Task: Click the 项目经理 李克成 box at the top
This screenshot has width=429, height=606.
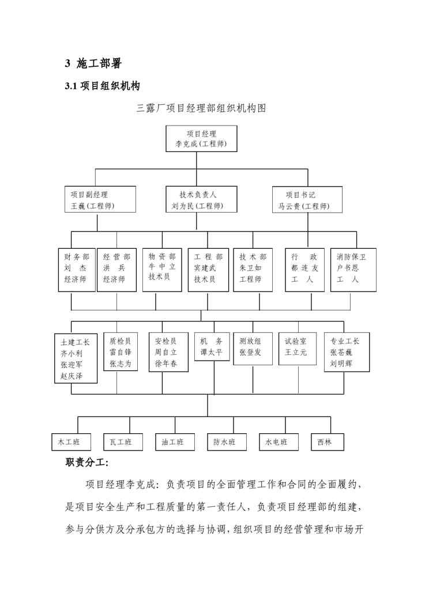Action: [201, 139]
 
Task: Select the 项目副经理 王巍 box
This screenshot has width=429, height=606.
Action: [100, 199]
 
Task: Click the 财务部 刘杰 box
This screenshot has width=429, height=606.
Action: [76, 270]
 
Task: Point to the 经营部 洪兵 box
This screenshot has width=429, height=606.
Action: [116, 270]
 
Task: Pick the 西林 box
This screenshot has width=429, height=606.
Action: [328, 442]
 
